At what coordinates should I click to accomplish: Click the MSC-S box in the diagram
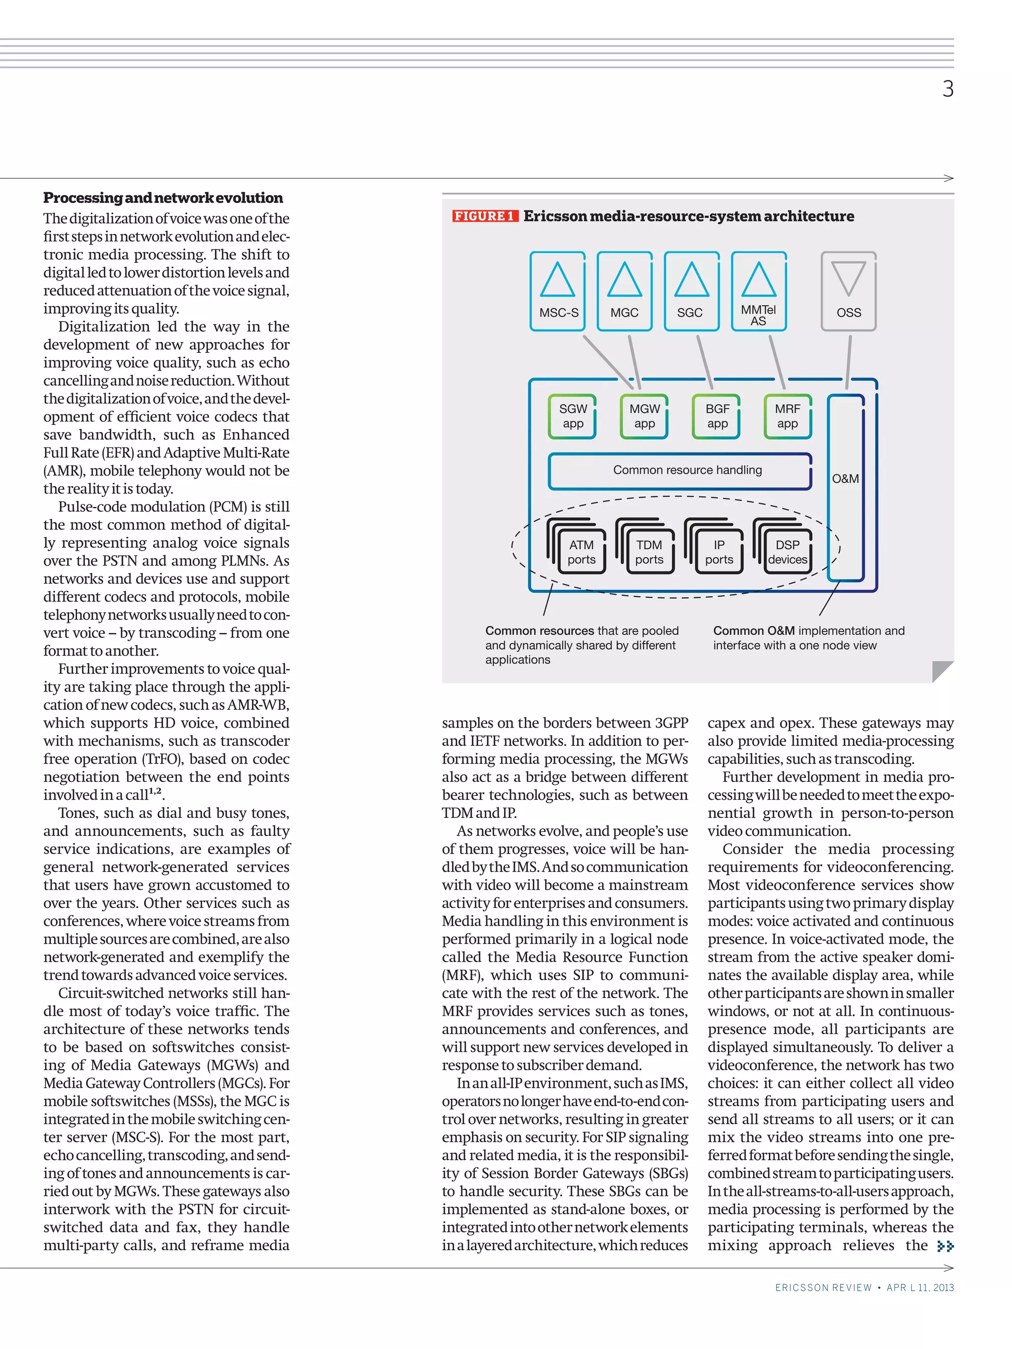click(557, 291)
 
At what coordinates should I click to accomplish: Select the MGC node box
click(624, 291)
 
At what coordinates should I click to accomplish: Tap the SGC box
click(691, 291)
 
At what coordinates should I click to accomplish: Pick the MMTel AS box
click(758, 291)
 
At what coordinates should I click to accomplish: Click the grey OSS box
click(848, 291)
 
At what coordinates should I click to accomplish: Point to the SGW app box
click(572, 416)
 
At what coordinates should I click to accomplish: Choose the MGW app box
click(644, 416)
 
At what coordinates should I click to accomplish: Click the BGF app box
click(717, 416)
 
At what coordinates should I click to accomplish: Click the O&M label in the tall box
click(845, 479)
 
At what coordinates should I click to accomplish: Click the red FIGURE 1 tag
click(484, 216)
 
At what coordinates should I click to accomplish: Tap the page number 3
click(947, 89)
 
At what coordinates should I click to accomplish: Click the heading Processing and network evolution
click(163, 198)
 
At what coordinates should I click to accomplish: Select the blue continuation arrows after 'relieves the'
click(945, 1246)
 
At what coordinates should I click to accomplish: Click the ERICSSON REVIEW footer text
click(823, 1287)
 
